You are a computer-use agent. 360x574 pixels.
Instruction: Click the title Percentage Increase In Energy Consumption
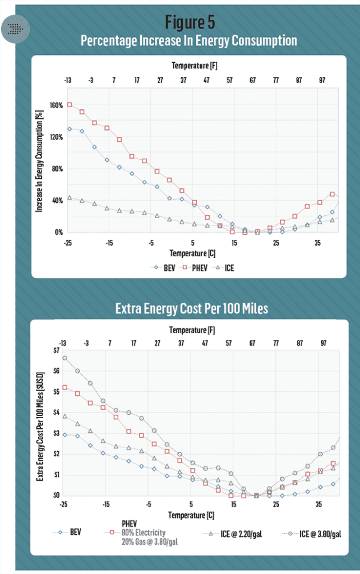click(188, 41)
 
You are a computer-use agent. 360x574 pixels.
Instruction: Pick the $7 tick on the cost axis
click(55, 350)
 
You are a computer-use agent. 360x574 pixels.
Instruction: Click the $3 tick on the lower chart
click(55, 433)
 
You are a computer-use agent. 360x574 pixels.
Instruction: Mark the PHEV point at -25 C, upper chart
click(70, 105)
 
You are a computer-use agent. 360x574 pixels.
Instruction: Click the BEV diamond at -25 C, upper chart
click(70, 129)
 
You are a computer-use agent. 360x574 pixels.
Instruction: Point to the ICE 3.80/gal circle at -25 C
click(64, 358)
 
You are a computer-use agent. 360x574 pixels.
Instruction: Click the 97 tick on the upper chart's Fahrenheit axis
click(322, 81)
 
